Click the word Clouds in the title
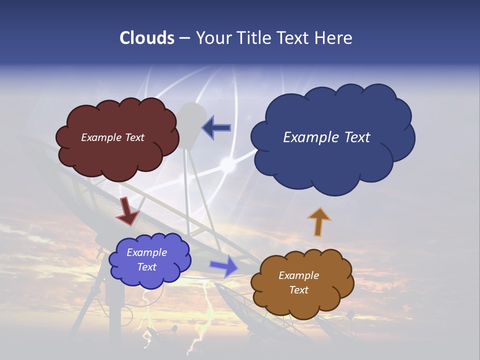[x=147, y=38]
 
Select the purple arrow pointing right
[x=224, y=265]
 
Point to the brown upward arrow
[x=319, y=221]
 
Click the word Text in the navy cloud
[x=354, y=137]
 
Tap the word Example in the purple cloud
[x=146, y=252]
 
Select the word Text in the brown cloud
[x=299, y=290]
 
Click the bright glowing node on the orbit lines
[x=228, y=163]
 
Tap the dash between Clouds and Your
[x=184, y=38]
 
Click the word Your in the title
[x=213, y=38]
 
